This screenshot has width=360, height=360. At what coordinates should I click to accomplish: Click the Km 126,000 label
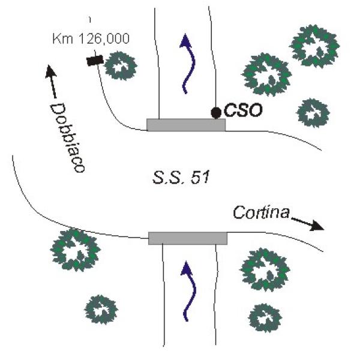[x=91, y=38]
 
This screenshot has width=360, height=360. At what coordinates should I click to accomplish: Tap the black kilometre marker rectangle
[x=95, y=61]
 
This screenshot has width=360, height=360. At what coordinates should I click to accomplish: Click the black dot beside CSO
[x=216, y=113]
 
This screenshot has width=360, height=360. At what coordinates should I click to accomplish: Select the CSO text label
[x=243, y=110]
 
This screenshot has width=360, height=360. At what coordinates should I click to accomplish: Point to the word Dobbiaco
[x=67, y=137]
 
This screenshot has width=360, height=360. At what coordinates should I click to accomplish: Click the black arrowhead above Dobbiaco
[x=50, y=71]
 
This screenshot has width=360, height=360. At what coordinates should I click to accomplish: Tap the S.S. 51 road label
[x=181, y=178]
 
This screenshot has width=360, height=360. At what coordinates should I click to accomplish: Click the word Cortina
[x=261, y=212]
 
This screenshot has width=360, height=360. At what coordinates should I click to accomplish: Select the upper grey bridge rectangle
[x=186, y=125]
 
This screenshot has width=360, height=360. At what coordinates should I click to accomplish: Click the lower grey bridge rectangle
[x=188, y=238]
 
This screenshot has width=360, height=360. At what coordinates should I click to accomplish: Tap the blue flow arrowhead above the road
[x=185, y=41]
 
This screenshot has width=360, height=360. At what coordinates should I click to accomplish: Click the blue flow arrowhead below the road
[x=187, y=268]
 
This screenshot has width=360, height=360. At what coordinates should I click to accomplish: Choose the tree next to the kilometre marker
[x=121, y=65]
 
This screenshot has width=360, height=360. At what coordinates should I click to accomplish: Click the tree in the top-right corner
[x=314, y=46]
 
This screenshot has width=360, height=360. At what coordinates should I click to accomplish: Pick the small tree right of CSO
[x=313, y=113]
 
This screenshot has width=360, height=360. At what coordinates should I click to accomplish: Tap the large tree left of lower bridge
[x=76, y=250]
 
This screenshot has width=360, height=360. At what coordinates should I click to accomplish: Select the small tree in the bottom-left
[x=101, y=310]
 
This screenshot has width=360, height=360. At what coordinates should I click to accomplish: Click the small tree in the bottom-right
[x=265, y=318]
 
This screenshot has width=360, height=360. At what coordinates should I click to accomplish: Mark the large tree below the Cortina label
[x=265, y=269]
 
